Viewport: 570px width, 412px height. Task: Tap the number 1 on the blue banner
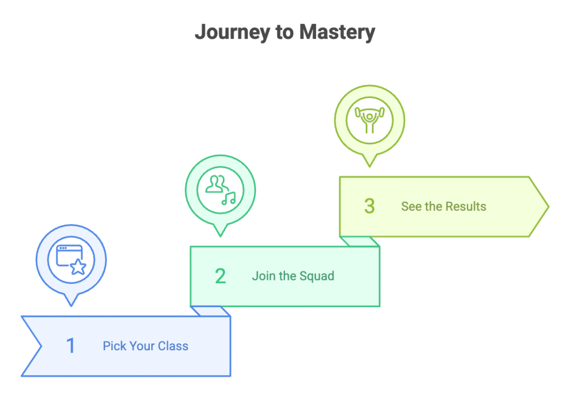click(71, 346)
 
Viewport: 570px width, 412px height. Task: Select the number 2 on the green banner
click(220, 276)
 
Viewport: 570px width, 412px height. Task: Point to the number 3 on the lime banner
click(370, 206)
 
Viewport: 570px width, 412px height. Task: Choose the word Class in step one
click(173, 346)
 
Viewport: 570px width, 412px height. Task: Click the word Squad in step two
click(317, 276)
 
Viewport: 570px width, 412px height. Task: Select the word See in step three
click(411, 206)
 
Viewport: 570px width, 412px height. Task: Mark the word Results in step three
click(465, 206)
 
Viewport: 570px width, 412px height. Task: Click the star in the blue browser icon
click(78, 268)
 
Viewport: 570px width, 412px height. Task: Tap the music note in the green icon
click(229, 198)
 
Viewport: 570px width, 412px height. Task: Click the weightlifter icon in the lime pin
click(369, 120)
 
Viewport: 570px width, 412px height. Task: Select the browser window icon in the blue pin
click(68, 257)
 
